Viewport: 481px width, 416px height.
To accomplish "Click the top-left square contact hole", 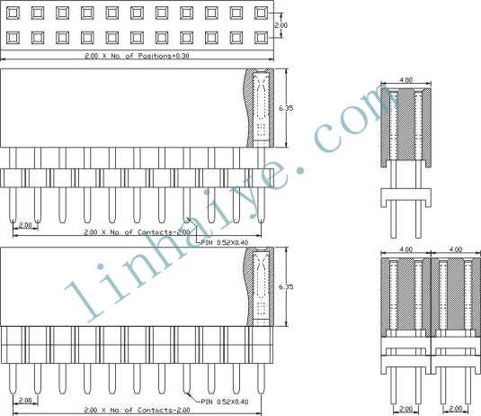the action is pos(13,14).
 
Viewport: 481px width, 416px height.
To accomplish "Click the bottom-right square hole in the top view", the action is pos(261,38).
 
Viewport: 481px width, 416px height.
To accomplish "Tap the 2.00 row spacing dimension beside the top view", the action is pos(281,25).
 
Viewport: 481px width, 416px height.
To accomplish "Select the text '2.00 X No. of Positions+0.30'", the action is pos(137,56).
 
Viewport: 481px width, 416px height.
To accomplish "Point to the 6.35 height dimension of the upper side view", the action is pos(286,108).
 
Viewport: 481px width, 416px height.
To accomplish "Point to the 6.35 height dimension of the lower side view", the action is pos(286,286).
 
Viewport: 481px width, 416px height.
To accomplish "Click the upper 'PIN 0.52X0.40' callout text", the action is pos(225,242).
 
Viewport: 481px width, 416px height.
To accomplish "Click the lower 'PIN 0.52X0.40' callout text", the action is pos(225,402).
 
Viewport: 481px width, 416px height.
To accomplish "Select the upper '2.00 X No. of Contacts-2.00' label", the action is pos(138,232).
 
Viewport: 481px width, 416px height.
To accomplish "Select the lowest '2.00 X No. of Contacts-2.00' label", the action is pos(138,410).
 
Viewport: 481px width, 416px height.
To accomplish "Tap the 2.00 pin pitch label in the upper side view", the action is pos(25,225).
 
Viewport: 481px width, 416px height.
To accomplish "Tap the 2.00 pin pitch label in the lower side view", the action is pos(25,401).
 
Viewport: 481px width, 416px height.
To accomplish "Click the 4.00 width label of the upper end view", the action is pos(405,80).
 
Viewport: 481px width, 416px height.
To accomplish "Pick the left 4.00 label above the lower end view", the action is pos(405,249).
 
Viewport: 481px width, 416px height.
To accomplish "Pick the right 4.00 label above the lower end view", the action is pos(455,249).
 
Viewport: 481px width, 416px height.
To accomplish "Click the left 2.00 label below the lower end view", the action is pos(405,409).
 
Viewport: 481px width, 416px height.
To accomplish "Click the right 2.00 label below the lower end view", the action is pos(455,409).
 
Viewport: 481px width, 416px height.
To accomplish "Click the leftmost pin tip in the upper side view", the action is pos(13,222).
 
